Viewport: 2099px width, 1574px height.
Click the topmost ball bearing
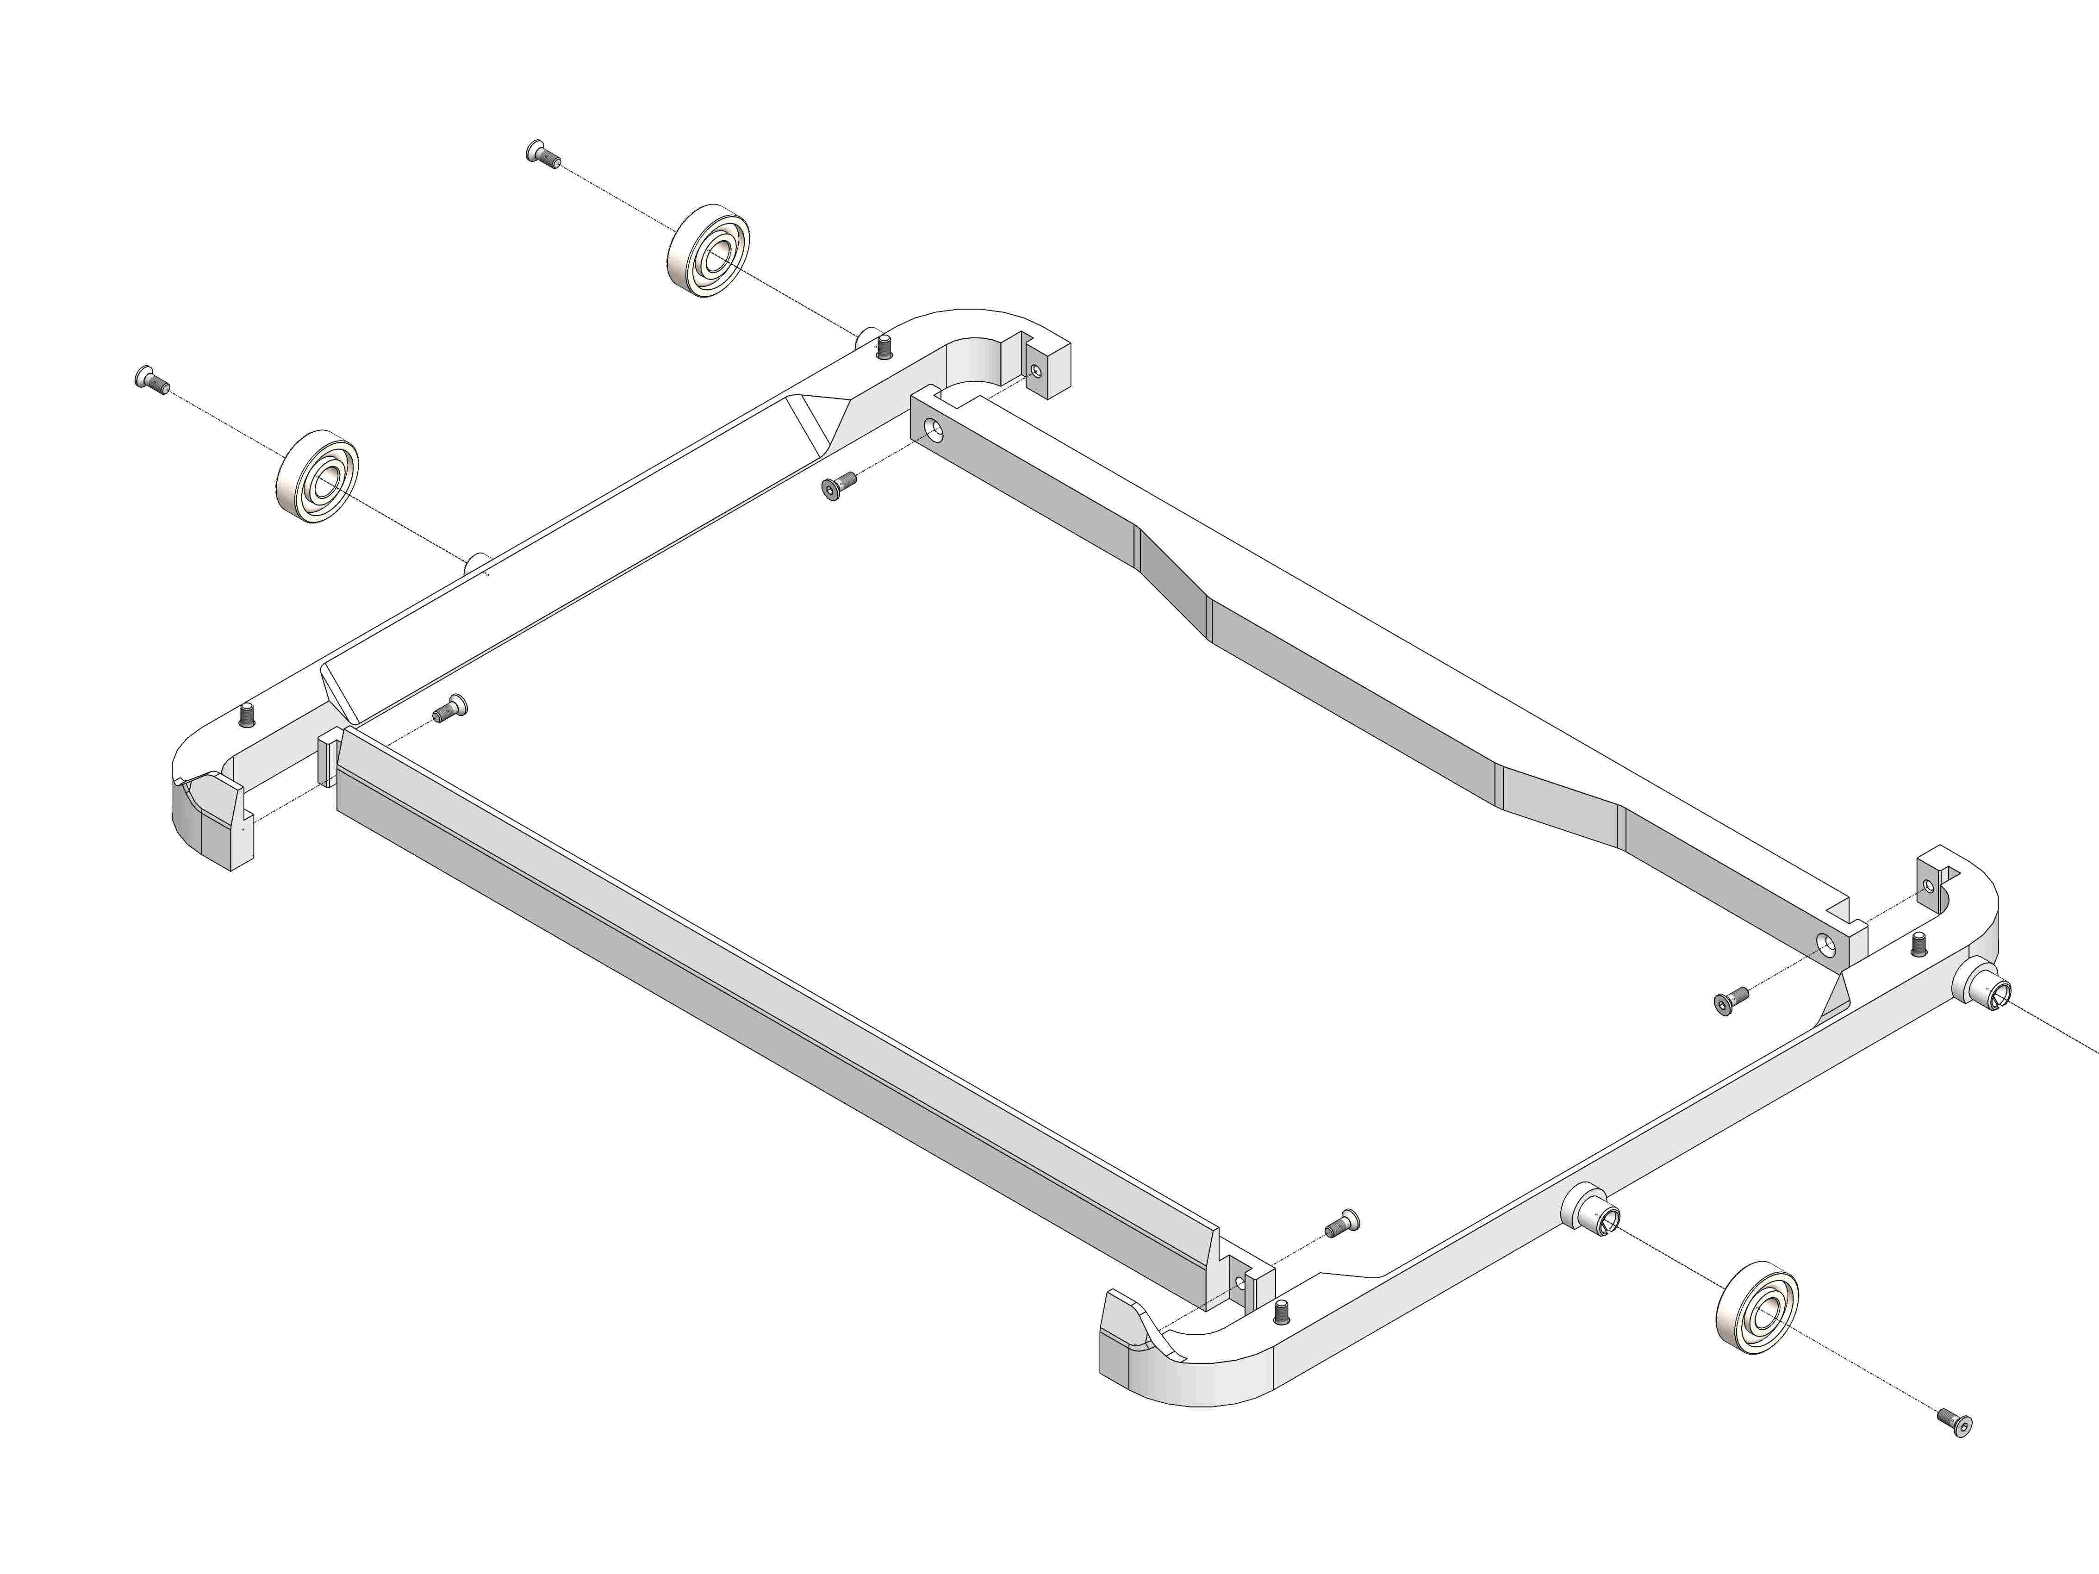(708, 252)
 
